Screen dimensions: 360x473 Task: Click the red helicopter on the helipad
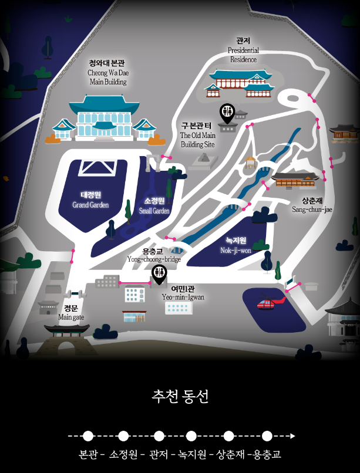click(x=268, y=304)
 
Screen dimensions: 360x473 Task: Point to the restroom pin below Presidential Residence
click(x=227, y=112)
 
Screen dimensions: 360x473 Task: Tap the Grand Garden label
click(x=91, y=200)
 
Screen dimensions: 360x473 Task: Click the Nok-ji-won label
click(x=235, y=245)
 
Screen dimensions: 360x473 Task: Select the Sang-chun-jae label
click(x=312, y=205)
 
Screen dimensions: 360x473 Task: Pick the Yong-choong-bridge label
click(x=154, y=255)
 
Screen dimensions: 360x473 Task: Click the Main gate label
click(x=71, y=312)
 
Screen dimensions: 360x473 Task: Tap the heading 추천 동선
click(x=180, y=397)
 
